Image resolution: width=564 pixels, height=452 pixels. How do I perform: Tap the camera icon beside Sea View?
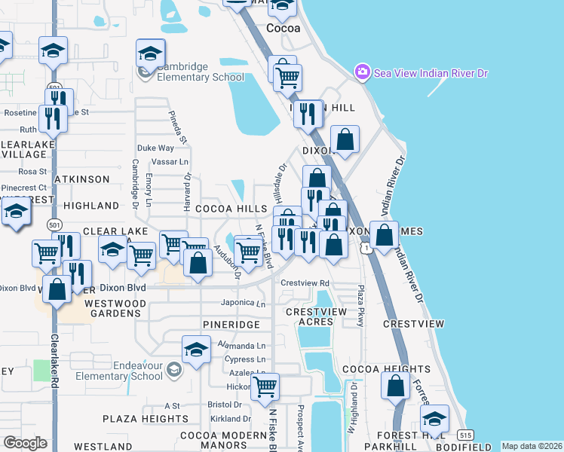(x=362, y=72)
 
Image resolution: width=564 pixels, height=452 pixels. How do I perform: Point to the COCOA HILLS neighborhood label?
(x=231, y=208)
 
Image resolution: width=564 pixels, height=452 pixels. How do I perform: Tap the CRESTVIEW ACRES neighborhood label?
(x=315, y=316)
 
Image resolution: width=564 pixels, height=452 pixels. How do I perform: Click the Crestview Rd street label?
(x=305, y=283)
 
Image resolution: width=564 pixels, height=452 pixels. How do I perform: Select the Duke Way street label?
(x=155, y=148)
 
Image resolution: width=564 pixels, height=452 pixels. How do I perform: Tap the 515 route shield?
(x=464, y=435)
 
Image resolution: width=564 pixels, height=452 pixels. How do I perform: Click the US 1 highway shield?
(x=365, y=248)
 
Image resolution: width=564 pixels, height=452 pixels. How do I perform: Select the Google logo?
(x=25, y=442)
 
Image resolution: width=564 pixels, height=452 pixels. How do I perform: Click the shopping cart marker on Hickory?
(x=265, y=388)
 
